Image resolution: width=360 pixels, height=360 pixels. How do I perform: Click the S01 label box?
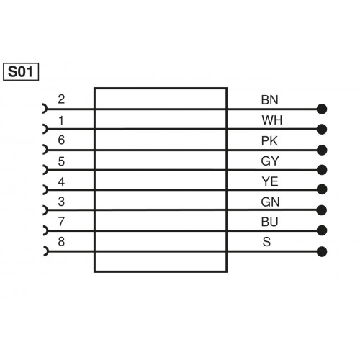point(22,72)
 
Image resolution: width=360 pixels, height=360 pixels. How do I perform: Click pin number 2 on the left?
point(61,100)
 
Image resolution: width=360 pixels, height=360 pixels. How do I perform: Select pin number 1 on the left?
point(61,120)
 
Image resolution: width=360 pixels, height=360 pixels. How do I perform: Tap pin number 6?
point(61,140)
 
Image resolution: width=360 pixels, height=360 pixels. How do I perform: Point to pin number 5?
point(61,161)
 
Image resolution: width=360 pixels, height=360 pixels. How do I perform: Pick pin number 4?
point(61,181)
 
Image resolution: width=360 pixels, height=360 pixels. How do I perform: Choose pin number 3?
point(61,201)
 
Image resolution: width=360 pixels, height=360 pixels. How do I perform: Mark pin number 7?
point(61,221)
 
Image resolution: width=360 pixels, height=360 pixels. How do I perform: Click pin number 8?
point(61,241)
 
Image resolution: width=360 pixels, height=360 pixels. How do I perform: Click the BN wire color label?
point(267,100)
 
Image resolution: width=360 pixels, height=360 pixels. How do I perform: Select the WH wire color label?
point(267,120)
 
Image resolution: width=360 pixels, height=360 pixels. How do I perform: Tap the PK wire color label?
point(267,140)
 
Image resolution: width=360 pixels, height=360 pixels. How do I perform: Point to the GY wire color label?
point(267,161)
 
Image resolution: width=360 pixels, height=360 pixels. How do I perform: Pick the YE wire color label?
point(267,181)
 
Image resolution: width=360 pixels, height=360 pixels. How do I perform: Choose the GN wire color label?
point(267,201)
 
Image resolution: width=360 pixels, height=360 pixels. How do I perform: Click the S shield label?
point(267,241)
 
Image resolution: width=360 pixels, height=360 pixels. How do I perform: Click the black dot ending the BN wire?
point(322,110)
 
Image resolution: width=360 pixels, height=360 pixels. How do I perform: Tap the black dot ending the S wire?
point(322,251)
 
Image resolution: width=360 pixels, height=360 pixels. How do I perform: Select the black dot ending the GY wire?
point(322,171)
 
